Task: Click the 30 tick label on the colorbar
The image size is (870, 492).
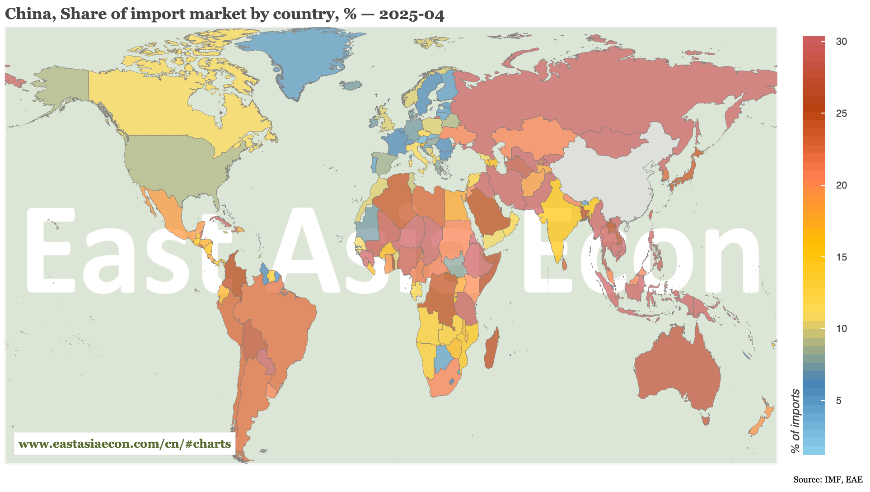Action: [x=841, y=42]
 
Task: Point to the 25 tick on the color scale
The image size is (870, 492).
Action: [x=841, y=114]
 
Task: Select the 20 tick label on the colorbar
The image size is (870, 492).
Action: [x=841, y=185]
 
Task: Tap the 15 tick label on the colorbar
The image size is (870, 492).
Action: [x=841, y=257]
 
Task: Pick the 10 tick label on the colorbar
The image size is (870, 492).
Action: [x=841, y=329]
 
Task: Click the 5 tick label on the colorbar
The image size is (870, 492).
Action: [x=839, y=401]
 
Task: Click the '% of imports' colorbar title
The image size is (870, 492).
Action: [x=795, y=421]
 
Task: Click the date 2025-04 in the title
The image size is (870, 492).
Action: [x=412, y=14]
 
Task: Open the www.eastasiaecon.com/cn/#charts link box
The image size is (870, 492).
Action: [x=125, y=444]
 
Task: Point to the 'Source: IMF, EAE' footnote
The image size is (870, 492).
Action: [x=828, y=479]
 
